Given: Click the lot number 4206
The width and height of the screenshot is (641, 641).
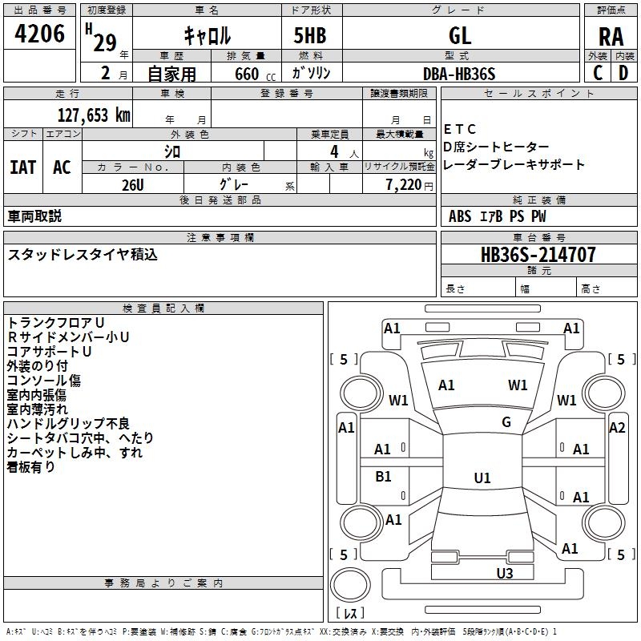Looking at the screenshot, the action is pyautogui.click(x=39, y=34).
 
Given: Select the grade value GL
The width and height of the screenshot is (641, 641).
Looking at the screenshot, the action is pyautogui.click(x=460, y=35).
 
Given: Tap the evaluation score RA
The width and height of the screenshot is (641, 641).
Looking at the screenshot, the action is pyautogui.click(x=611, y=37).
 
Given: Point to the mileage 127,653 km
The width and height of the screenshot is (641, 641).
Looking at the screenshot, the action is pyautogui.click(x=94, y=115).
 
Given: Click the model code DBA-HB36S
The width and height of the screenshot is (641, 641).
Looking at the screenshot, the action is pyautogui.click(x=459, y=74).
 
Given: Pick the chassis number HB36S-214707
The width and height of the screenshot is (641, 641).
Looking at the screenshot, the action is pyautogui.click(x=538, y=254).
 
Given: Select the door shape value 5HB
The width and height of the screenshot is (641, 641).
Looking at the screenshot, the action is pyautogui.click(x=310, y=35).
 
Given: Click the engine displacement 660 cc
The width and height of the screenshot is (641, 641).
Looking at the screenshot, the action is pyautogui.click(x=255, y=75).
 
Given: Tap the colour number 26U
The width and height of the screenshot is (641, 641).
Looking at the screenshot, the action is pyautogui.click(x=133, y=185).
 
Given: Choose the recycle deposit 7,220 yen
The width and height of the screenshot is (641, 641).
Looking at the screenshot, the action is pyautogui.click(x=409, y=185).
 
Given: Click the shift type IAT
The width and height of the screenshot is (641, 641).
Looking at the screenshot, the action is pyautogui.click(x=23, y=167).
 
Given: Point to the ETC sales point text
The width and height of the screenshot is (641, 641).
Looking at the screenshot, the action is pyautogui.click(x=459, y=129).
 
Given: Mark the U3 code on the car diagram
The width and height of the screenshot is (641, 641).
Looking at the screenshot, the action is pyautogui.click(x=505, y=573).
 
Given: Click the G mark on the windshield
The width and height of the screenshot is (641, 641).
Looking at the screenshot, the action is pyautogui.click(x=506, y=421).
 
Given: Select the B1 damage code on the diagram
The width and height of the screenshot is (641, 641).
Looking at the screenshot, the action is pyautogui.click(x=383, y=476).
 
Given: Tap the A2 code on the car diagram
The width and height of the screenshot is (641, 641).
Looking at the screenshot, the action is pyautogui.click(x=617, y=428).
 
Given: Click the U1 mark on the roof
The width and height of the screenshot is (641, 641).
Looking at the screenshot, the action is pyautogui.click(x=482, y=478).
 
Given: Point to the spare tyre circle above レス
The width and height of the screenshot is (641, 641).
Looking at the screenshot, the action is pyautogui.click(x=350, y=585).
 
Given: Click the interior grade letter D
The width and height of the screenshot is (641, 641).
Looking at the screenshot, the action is pyautogui.click(x=623, y=73).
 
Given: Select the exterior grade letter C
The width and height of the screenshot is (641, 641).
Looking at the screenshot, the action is pyautogui.click(x=598, y=73).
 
